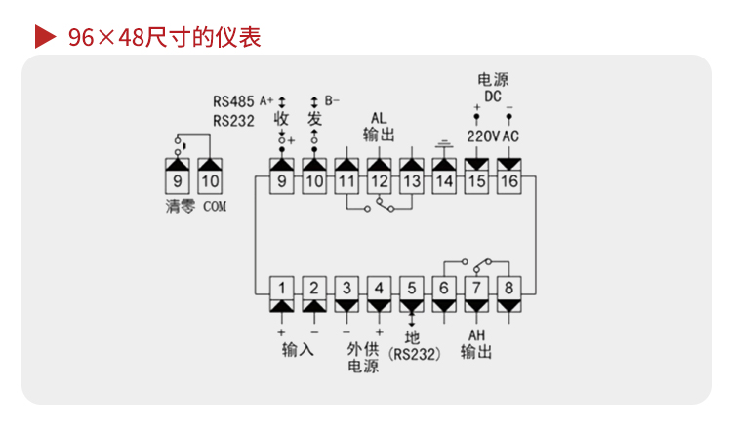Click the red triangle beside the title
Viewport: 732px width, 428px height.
[x=45, y=37]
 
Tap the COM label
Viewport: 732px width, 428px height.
[x=215, y=206]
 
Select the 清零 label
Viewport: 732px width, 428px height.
[x=181, y=206]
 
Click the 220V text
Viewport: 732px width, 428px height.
[x=484, y=136]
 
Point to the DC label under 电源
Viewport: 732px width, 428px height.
[x=493, y=97]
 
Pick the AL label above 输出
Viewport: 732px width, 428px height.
[x=379, y=118]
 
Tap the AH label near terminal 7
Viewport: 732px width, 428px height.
[x=476, y=335]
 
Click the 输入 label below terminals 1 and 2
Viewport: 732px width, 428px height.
[x=298, y=349]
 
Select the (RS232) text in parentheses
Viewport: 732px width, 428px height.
[x=415, y=354]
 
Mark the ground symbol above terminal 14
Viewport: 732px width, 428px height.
[x=444, y=143]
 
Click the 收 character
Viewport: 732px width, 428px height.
[x=281, y=119]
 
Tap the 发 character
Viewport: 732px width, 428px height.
[x=314, y=119]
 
